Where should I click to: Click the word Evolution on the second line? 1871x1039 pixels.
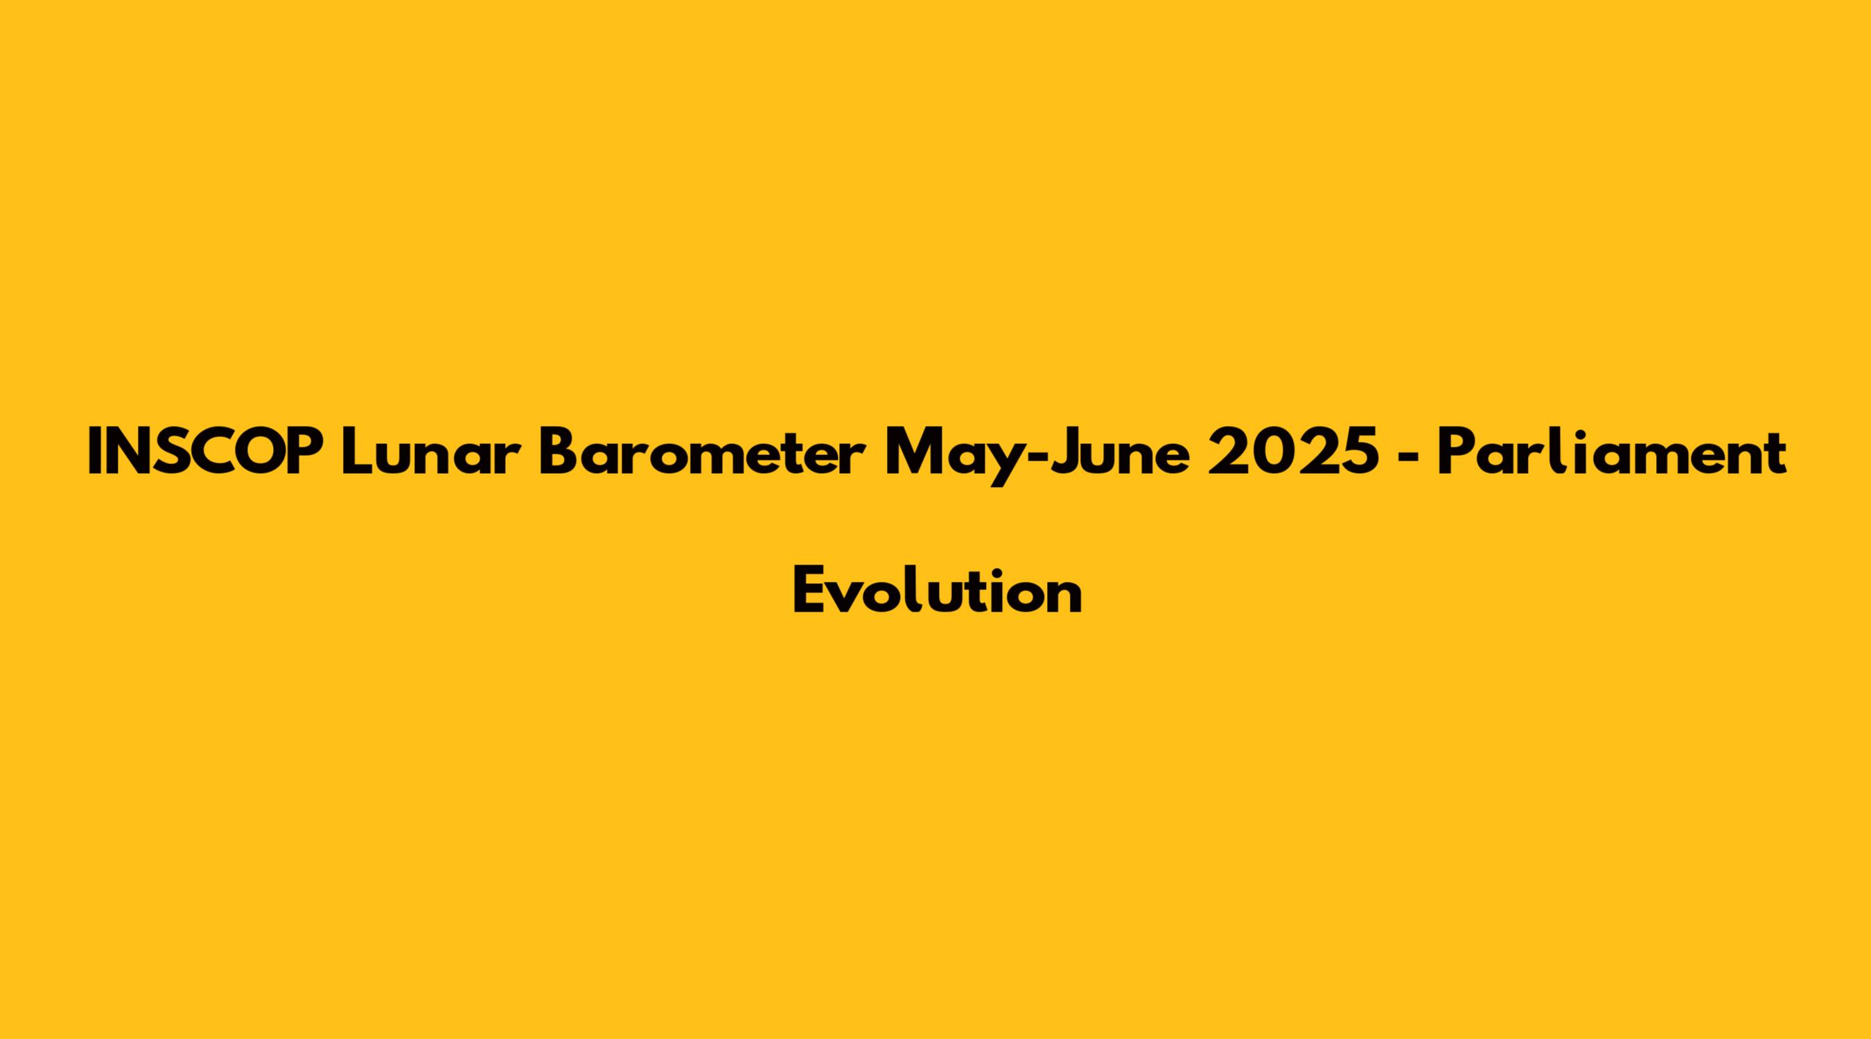[937, 590]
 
